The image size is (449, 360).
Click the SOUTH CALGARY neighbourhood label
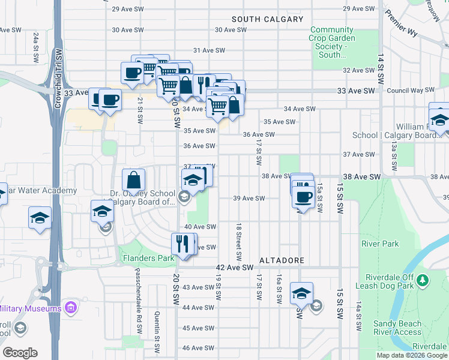[267, 19]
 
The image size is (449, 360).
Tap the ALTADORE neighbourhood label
[282, 261]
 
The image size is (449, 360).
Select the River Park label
[379, 244]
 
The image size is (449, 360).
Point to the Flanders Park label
[148, 259]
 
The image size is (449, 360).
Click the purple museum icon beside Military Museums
[71, 308]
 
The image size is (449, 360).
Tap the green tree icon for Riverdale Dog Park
[423, 280]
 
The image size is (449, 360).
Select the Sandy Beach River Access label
[397, 328]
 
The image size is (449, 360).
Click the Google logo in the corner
[20, 353]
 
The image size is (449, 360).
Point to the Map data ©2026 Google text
[411, 355]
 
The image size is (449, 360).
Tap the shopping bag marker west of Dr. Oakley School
[133, 179]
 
